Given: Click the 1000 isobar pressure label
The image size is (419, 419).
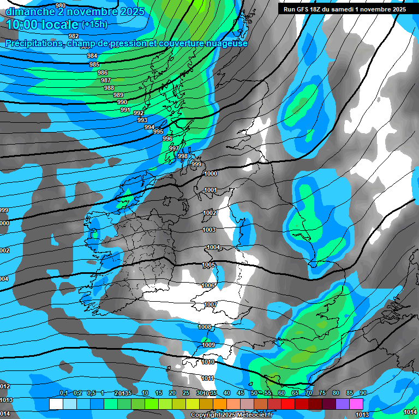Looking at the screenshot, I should click(211, 173).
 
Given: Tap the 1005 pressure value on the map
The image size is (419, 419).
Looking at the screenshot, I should click(208, 265).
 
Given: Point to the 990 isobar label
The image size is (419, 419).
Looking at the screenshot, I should click(122, 102).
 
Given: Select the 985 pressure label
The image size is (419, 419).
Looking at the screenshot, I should click(94, 64).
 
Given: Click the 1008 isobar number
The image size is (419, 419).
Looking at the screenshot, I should click(205, 327).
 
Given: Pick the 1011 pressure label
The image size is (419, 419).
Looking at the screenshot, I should click(207, 378).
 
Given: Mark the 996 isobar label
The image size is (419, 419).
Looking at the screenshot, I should click(167, 139).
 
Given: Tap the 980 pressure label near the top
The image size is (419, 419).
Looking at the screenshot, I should click(61, 6).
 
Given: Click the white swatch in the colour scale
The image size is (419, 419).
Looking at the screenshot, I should click(56, 404).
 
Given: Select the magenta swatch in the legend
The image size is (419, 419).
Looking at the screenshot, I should click(356, 404).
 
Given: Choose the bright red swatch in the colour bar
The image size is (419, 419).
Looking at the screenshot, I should click(288, 404).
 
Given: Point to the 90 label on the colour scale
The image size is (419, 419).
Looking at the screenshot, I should click(363, 393).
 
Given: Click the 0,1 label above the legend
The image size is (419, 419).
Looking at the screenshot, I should click(64, 393).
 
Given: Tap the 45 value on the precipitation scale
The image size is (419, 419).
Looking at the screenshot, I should click(241, 393).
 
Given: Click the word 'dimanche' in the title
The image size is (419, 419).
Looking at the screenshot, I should click(31, 11).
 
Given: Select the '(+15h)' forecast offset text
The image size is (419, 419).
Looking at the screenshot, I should click(94, 24).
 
